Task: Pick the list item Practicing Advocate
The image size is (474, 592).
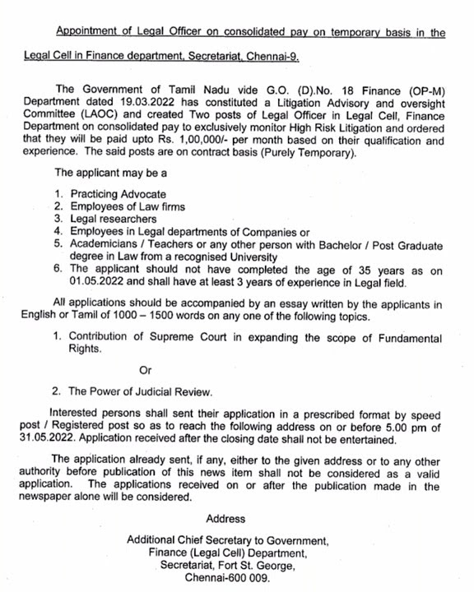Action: (117, 194)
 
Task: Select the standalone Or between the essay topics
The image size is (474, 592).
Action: (146, 371)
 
